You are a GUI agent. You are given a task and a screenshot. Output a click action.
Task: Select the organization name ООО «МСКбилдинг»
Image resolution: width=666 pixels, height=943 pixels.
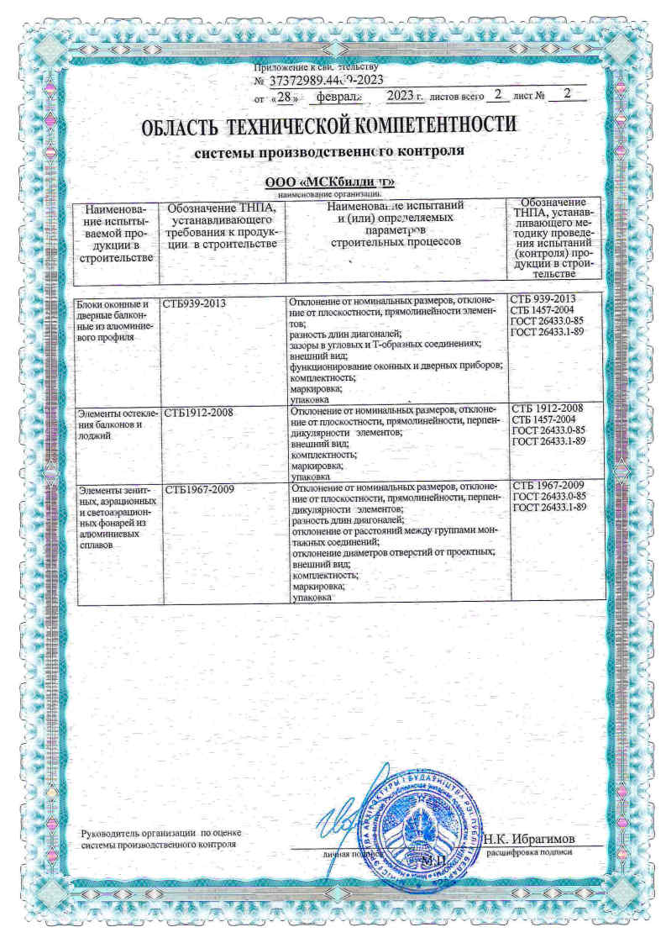329,184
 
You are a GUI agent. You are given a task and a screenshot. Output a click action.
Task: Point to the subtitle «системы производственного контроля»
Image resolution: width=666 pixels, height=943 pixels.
329,154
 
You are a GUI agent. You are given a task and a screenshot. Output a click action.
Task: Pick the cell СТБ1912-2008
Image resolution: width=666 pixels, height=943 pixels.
199,413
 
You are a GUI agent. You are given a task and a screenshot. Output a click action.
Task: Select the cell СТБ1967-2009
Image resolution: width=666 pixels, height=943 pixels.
199,488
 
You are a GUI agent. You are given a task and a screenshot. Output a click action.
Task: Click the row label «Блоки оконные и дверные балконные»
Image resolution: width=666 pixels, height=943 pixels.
113,320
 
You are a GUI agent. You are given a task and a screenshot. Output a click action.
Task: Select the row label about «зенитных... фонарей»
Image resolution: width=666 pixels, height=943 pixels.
113,516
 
